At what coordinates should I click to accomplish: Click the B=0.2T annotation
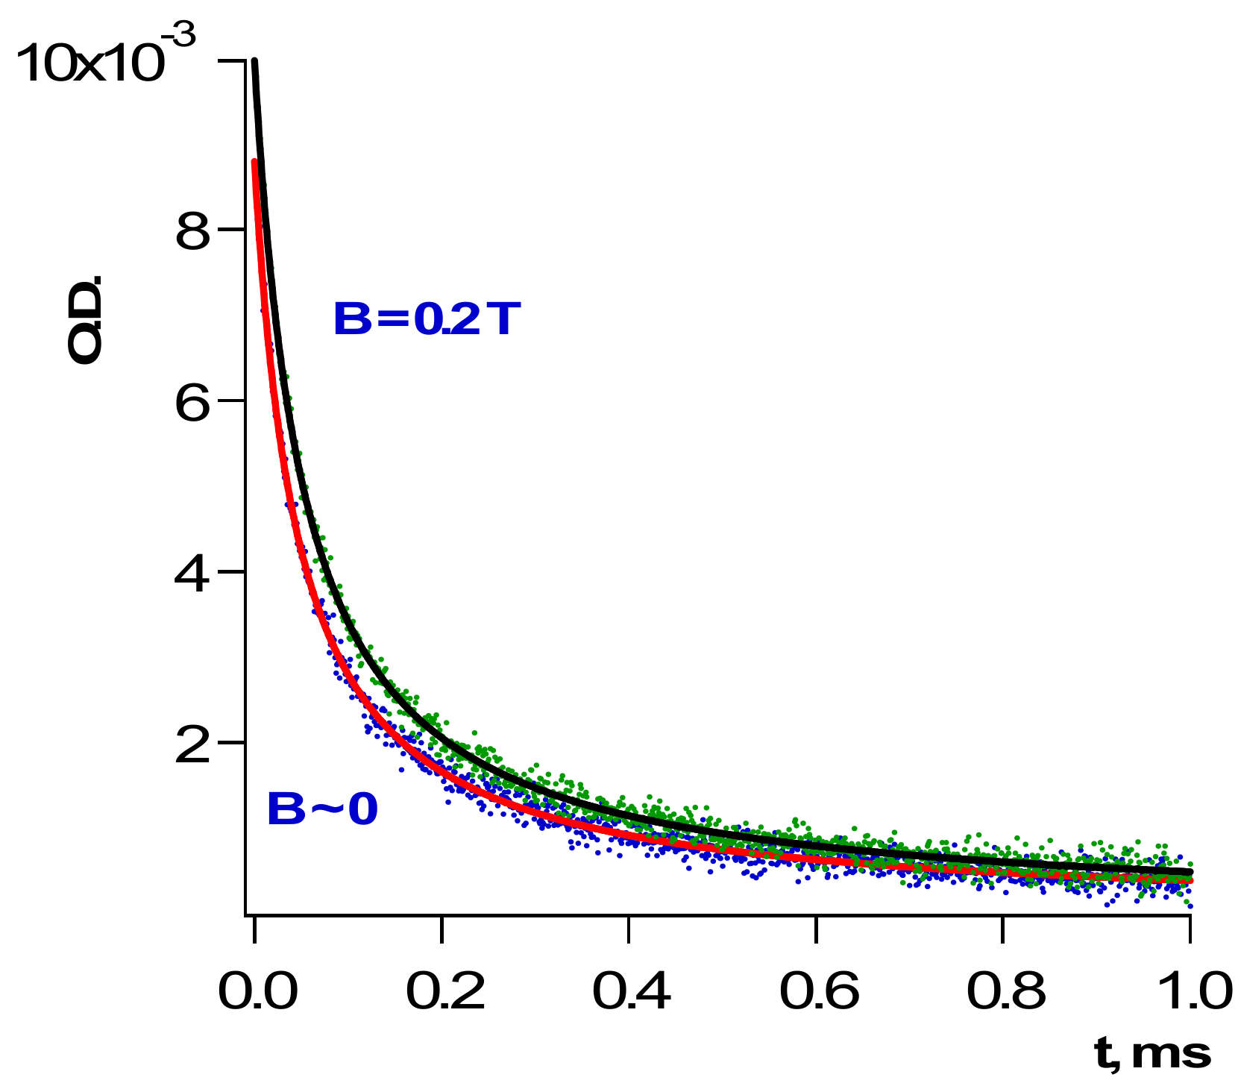425,320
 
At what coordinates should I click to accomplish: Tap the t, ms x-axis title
1152,1054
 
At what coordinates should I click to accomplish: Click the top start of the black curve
255,63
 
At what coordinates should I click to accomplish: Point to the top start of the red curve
255,162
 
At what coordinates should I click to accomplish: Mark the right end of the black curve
1190,871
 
